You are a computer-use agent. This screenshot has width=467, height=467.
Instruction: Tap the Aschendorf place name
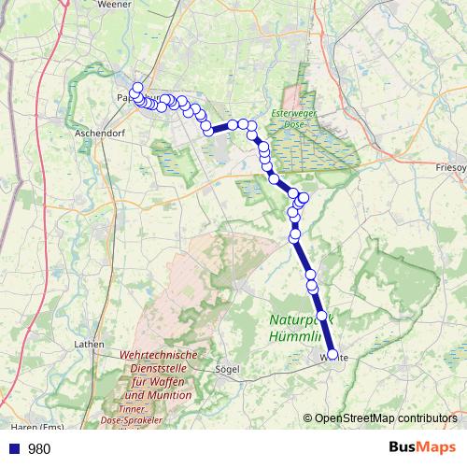point(98,134)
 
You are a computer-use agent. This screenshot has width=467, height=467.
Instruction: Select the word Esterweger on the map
point(290,114)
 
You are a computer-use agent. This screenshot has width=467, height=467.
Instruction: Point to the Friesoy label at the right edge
point(451,167)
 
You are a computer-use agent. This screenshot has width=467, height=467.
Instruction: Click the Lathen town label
point(89,344)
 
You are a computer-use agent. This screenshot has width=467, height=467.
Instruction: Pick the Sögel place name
point(228,369)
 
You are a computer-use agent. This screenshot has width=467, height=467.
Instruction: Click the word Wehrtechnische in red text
point(159,356)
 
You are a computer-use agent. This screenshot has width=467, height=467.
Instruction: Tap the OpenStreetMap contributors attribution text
point(386,418)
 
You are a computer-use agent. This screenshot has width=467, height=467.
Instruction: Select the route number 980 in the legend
point(39,448)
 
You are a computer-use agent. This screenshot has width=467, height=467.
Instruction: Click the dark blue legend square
point(14,448)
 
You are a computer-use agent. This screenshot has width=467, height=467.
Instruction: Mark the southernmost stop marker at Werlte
point(333,354)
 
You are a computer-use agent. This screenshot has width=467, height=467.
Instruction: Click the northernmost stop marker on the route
point(137,88)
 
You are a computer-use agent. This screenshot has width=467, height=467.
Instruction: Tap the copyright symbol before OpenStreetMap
point(308,418)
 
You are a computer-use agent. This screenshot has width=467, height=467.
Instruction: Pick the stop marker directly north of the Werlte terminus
point(322,317)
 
